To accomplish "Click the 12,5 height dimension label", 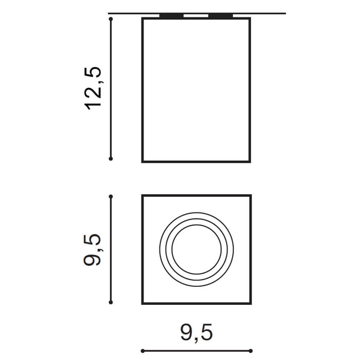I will pyautogui.click(x=95, y=88).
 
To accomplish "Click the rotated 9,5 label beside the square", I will pyautogui.click(x=95, y=250).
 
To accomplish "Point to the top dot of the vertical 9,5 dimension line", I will pyautogui.click(x=112, y=196).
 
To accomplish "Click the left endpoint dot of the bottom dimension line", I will pyautogui.click(x=142, y=350).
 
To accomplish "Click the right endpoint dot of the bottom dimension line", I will pyautogui.click(x=251, y=350).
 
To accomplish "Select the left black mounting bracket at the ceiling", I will pyautogui.click(x=172, y=16).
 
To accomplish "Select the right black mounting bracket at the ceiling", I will pyautogui.click(x=220, y=16).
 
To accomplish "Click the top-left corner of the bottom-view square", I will pyautogui.click(x=142, y=195).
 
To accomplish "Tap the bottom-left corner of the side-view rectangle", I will pyautogui.click(x=142, y=162).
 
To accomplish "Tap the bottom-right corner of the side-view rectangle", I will pyautogui.click(x=250, y=162).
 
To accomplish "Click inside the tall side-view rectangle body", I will pyautogui.click(x=196, y=90).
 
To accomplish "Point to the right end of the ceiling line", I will pyautogui.click(x=284, y=13).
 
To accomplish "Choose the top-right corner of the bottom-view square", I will pyautogui.click(x=250, y=195).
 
